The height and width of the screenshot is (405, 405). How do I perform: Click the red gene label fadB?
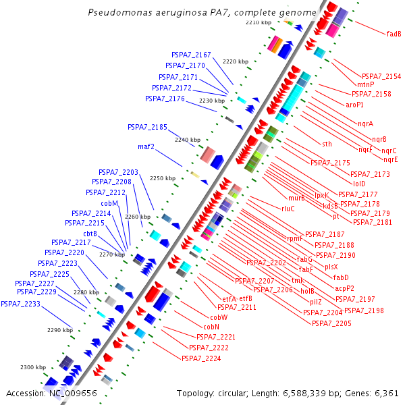click(394, 33)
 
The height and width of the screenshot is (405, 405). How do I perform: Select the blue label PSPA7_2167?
click(191, 55)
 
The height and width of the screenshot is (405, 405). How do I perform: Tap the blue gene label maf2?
click(146, 146)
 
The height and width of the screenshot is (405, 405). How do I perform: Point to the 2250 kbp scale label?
click(162, 178)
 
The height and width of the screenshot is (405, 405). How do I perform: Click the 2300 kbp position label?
click(32, 367)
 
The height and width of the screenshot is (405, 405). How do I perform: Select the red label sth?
click(327, 144)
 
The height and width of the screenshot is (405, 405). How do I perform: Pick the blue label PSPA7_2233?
click(20, 304)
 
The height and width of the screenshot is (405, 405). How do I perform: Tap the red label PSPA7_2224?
click(201, 358)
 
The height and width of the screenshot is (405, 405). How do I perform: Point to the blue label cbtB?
click(90, 234)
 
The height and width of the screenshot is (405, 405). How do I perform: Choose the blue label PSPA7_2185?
click(147, 126)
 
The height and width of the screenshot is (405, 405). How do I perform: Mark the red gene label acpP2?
click(344, 288)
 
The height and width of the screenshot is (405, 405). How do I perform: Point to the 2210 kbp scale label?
click(258, 22)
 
